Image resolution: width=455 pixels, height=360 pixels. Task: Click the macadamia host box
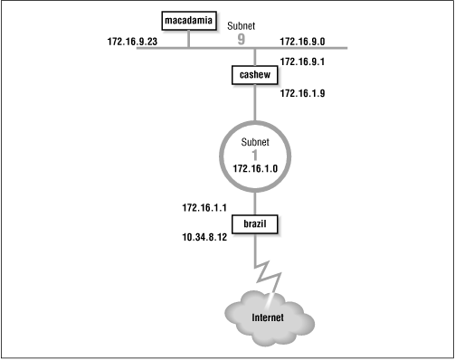pos(187,20)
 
